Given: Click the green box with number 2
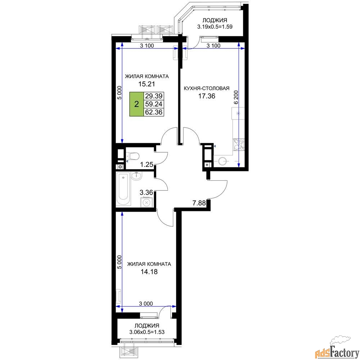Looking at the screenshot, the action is click(x=136, y=104).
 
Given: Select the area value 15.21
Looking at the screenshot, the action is click(x=147, y=84).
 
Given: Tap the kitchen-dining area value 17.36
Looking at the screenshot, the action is click(x=207, y=96).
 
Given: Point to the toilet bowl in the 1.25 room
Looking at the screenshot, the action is click(x=134, y=156).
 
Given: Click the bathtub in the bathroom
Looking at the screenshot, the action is click(x=123, y=189).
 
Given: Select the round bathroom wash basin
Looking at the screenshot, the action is click(x=137, y=176).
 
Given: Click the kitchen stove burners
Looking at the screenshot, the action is click(x=239, y=145).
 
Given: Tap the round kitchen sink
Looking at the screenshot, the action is click(x=222, y=161).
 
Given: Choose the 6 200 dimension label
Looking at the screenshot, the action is click(x=236, y=98).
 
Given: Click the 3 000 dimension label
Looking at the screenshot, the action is click(x=146, y=303).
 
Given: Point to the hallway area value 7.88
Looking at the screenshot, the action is click(x=199, y=203).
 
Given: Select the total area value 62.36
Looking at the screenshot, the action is click(x=154, y=112).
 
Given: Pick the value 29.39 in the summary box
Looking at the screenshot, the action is click(x=154, y=96).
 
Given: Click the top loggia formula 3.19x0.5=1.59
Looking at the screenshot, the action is click(x=215, y=27).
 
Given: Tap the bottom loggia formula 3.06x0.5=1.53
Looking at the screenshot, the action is click(x=147, y=332).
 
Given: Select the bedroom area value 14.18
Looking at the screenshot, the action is click(x=149, y=272).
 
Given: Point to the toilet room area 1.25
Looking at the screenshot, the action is click(x=147, y=165).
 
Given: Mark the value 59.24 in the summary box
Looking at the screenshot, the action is click(x=154, y=104).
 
